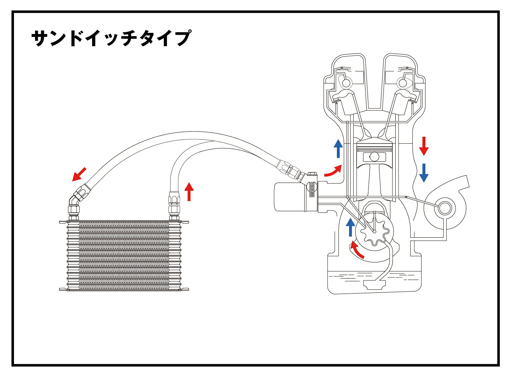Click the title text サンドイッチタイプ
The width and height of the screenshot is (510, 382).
[111, 38]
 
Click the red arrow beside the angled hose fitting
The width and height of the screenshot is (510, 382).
[79, 174]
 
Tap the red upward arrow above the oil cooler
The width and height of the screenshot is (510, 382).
[189, 192]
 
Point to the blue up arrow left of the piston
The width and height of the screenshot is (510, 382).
[338, 149]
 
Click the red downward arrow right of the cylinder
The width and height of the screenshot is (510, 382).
[424, 146]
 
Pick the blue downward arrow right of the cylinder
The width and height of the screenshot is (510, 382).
[424, 173]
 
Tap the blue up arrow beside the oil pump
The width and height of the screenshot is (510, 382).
[350, 227]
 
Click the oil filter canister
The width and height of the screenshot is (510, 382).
[289, 197]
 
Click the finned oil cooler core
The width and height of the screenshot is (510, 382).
[124, 255]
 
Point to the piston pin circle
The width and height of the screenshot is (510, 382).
[374, 156]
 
